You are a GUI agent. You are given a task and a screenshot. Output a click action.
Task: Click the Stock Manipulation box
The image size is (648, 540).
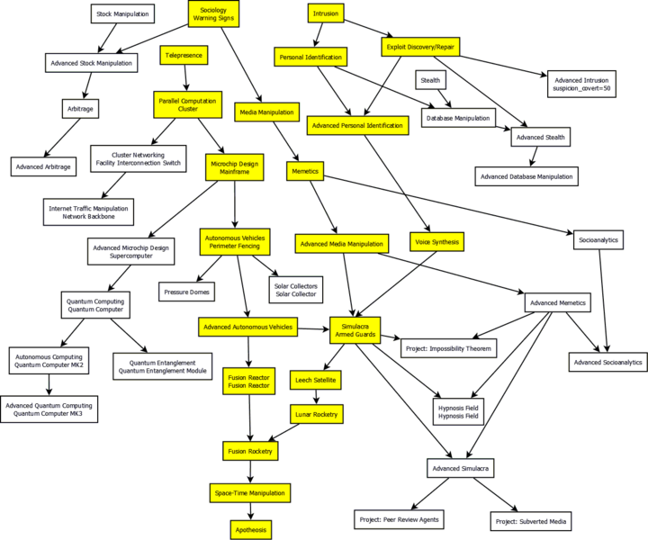[x=123, y=13]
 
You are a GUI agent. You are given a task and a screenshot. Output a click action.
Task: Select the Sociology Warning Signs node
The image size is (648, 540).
[x=213, y=13]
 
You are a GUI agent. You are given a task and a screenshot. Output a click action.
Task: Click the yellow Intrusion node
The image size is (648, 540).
[x=324, y=13]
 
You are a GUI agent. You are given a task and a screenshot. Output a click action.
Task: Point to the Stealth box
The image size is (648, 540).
[x=430, y=80]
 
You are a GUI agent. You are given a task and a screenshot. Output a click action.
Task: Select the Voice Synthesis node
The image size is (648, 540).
[x=436, y=242]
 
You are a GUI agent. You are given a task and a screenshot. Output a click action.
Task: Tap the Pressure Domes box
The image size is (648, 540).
[x=186, y=291]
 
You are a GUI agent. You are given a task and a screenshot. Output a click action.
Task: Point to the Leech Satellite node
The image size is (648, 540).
[x=316, y=381]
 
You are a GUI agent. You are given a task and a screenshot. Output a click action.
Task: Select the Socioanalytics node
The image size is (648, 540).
[x=598, y=240]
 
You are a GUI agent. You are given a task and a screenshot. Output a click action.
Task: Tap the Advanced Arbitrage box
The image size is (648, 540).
[x=42, y=166]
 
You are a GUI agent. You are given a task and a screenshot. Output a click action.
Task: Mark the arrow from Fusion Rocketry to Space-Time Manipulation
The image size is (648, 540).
[x=248, y=471]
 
